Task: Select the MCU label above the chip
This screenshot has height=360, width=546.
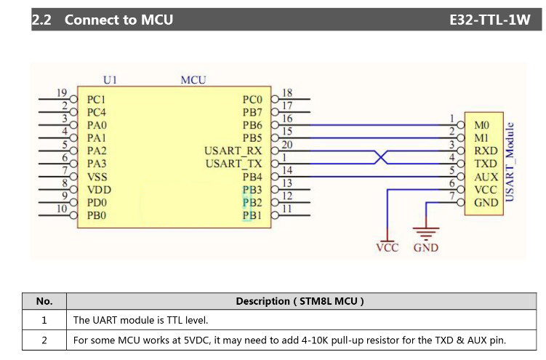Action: click(x=193, y=79)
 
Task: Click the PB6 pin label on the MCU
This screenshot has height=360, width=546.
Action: click(x=252, y=125)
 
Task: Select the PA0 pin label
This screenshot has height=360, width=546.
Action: click(x=97, y=125)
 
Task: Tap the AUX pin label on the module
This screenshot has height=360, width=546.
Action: click(x=486, y=177)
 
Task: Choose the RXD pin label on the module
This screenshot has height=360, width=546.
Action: click(x=486, y=151)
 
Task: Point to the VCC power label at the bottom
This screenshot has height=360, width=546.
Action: click(x=388, y=248)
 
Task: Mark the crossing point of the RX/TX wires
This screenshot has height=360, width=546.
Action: click(x=379, y=157)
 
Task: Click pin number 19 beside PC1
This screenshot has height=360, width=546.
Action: click(x=63, y=93)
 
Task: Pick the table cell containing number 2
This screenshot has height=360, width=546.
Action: click(x=44, y=340)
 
